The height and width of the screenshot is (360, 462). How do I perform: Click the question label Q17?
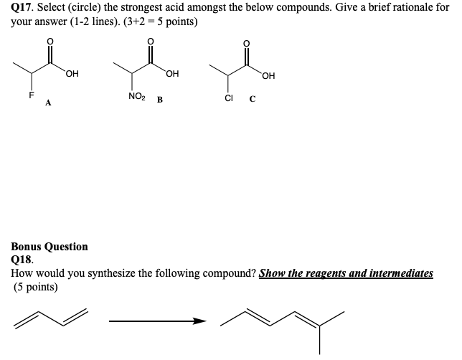pos(23,9)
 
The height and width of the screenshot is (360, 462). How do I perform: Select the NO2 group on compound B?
pos(136,96)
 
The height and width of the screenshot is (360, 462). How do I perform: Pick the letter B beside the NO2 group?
pos(159,100)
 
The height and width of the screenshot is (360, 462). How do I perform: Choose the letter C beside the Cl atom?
pos(253,100)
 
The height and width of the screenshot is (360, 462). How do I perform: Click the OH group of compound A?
pos(72,72)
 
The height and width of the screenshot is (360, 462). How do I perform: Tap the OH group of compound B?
pos(172,72)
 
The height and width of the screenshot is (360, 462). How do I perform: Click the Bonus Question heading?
pos(49,247)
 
